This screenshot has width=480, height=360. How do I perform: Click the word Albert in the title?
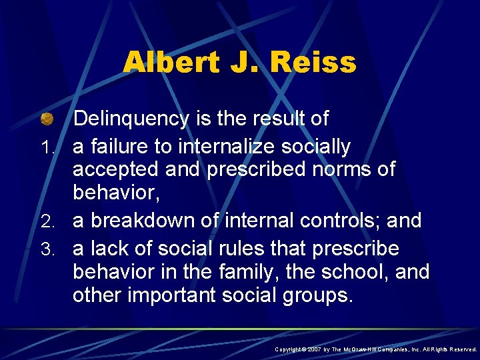pos(169,63)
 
